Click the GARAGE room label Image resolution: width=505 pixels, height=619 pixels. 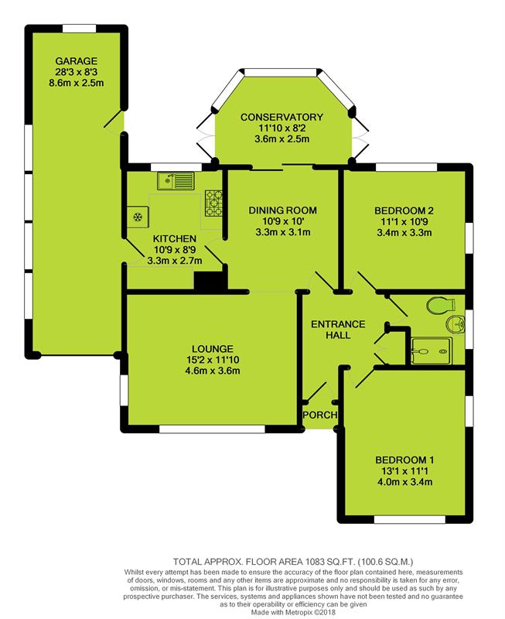[x=76, y=61]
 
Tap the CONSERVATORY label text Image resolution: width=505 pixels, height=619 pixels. [x=282, y=118]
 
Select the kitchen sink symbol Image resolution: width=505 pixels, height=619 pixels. [x=176, y=181]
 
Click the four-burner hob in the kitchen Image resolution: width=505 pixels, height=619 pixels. [x=213, y=203]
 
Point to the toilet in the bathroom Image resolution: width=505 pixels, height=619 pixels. [x=441, y=305]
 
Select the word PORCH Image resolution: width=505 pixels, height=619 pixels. [x=320, y=415]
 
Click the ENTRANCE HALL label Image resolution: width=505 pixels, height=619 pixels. [x=338, y=330]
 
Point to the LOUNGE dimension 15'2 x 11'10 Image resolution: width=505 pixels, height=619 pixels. [x=213, y=360]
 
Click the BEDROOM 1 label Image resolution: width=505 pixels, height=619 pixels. [x=404, y=460]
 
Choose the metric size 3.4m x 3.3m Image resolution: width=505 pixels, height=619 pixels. [x=404, y=233]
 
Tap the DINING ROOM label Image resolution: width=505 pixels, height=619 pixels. [x=282, y=210]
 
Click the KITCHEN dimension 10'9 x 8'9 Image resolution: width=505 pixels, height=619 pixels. [x=174, y=250]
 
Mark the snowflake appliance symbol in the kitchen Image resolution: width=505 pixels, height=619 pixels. [x=138, y=217]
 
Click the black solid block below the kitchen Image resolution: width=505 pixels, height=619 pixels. [x=211, y=281]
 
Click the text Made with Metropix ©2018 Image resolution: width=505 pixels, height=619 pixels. [x=294, y=612]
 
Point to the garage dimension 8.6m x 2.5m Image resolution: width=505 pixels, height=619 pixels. [x=76, y=83]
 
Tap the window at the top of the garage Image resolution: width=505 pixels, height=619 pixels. [x=79, y=29]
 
